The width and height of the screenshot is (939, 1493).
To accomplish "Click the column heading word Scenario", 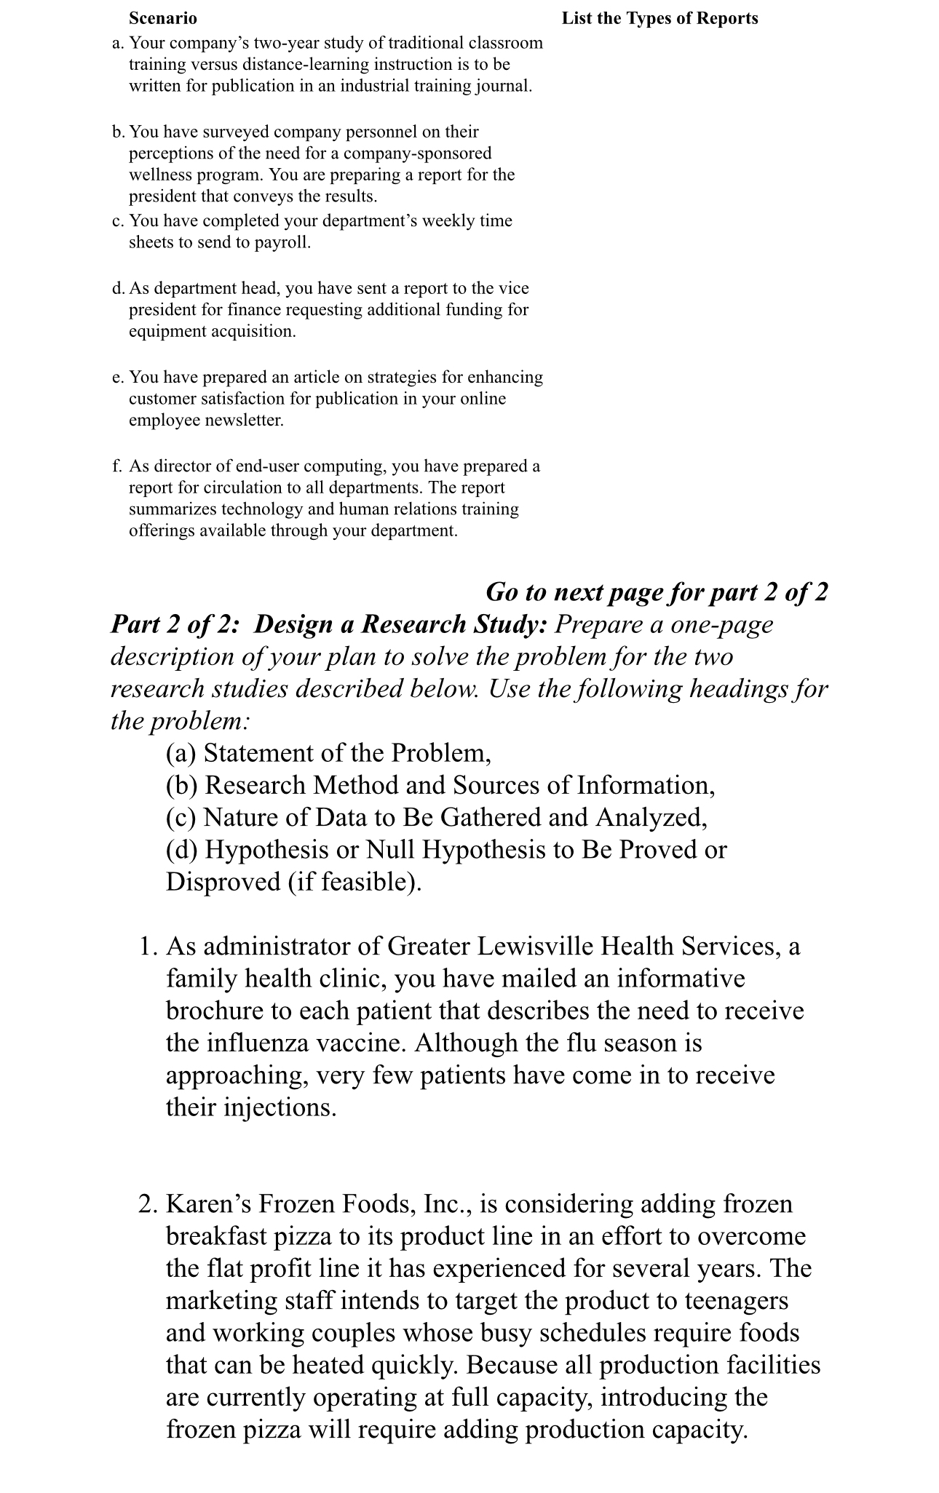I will pyautogui.click(x=162, y=18).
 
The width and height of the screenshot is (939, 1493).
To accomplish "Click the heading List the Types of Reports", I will pyautogui.click(x=659, y=18).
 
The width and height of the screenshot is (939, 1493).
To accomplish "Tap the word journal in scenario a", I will pyautogui.click(x=502, y=86).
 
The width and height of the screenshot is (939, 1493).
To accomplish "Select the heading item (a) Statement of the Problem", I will pyautogui.click(x=328, y=752).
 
